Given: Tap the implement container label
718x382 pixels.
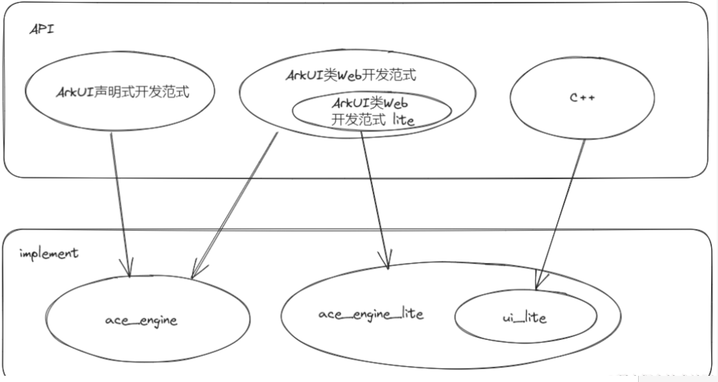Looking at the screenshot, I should [48, 253].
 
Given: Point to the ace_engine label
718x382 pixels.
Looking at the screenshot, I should [141, 320].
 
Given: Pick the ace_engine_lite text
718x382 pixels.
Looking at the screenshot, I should [371, 314].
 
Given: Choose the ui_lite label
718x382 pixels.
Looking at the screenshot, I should [525, 318].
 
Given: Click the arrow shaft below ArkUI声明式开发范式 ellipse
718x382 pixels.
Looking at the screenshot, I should [119, 200].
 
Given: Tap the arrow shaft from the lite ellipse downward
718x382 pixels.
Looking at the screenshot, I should [373, 193].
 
